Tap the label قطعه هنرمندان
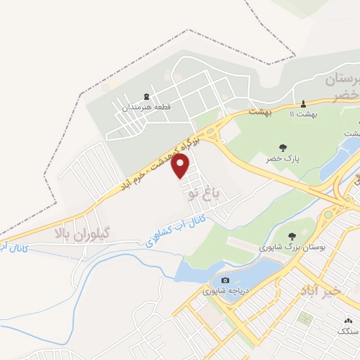[x=146, y=108]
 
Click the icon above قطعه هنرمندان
[x=146, y=96]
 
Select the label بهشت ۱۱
[x=304, y=113]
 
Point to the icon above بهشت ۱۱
[x=304, y=103]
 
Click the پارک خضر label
[x=283, y=159]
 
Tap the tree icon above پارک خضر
[x=283, y=148]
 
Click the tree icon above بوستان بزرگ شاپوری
[x=292, y=236]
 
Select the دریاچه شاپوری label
[x=225, y=291]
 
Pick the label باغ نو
[x=204, y=191]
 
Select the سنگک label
[x=347, y=330]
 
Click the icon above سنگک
[x=347, y=319]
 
